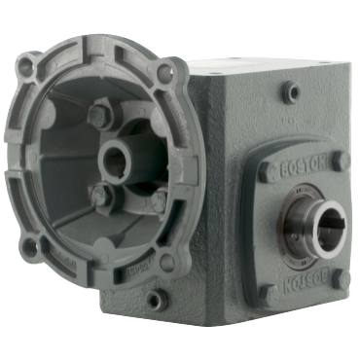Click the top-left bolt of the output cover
coord(267,173)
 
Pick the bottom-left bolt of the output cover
coord(267,291)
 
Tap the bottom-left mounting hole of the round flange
coord(29,247)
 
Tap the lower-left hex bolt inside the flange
coord(97,194)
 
